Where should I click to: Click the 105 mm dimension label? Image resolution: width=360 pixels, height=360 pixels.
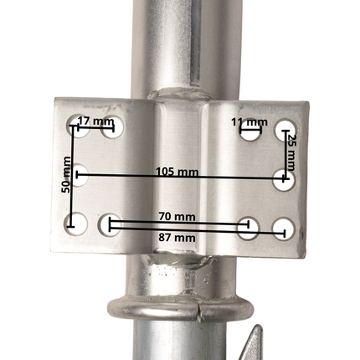(177, 172)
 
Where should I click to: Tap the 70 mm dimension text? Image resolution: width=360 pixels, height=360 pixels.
(177, 217)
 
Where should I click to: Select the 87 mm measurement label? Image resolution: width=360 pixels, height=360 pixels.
(177, 238)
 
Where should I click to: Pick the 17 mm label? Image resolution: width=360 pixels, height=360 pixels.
(95, 121)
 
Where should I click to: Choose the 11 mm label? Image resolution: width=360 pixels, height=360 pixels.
(249, 122)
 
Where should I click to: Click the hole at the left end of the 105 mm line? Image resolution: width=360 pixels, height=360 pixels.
(80, 175)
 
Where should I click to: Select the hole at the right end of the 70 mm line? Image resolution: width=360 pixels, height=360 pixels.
(246, 225)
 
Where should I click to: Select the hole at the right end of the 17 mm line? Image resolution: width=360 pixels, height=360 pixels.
(113, 128)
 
